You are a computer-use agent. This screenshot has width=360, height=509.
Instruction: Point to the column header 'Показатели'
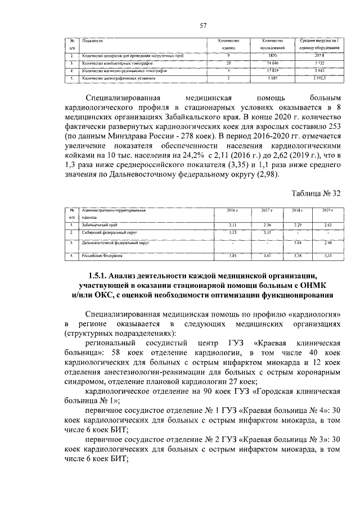[x=93, y=41]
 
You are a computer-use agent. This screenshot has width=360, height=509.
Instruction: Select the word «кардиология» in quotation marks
[x=316, y=314]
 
